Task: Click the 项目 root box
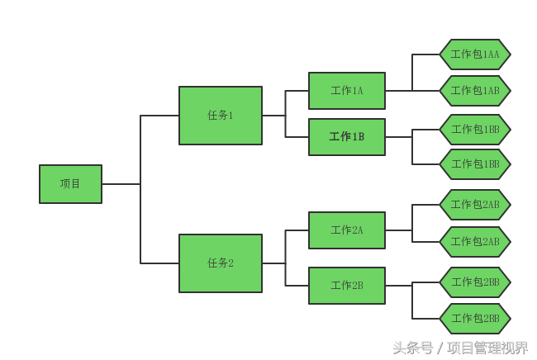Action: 70,184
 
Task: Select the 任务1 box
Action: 221,116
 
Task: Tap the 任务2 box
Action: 221,263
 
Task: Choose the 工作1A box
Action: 347,91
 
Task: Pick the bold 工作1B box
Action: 347,137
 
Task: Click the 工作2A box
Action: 347,230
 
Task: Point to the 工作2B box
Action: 347,286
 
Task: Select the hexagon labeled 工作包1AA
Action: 474,54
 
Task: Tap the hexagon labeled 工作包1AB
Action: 474,91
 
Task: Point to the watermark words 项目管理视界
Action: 487,348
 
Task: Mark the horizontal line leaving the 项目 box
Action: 121,184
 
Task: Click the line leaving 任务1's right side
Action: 273,116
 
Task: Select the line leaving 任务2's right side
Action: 273,263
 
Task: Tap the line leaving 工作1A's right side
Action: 398,91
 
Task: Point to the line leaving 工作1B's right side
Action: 398,137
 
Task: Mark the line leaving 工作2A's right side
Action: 398,230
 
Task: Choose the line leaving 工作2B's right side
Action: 398,286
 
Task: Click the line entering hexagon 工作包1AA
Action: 426,54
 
